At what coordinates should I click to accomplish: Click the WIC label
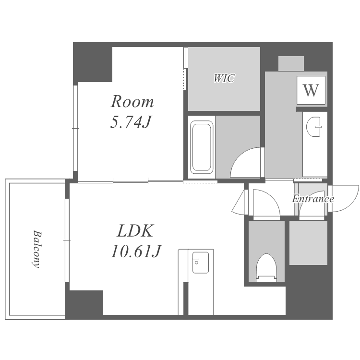click(224, 78)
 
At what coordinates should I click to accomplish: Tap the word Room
click(132, 101)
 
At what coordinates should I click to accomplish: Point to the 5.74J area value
click(131, 122)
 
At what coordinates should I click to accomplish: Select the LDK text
click(135, 231)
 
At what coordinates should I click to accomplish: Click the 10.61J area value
click(136, 251)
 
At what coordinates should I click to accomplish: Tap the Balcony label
click(37, 249)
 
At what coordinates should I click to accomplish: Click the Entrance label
click(313, 199)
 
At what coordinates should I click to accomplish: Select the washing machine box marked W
click(311, 90)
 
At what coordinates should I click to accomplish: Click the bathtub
click(202, 147)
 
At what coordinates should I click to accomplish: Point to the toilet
click(266, 267)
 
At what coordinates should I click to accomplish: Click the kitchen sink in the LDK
click(201, 263)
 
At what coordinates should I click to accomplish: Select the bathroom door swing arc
click(245, 162)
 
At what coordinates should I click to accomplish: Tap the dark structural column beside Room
click(93, 62)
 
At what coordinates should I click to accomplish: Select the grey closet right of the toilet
click(308, 243)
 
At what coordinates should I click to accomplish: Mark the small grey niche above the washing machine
click(291, 63)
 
